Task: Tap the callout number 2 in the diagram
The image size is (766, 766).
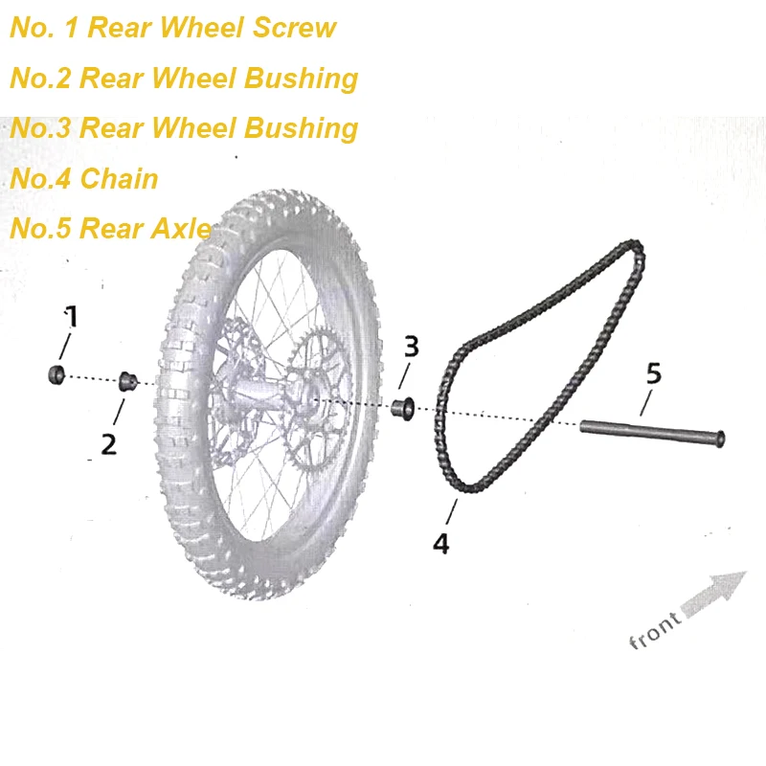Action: tap(108, 443)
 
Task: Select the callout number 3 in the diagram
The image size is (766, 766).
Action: tap(411, 347)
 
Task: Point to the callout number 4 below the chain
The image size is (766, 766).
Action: tap(440, 543)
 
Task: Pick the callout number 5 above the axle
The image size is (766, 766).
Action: tap(653, 372)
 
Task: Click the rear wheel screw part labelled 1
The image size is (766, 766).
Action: tap(56, 373)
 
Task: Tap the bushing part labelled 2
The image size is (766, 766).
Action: tap(126, 382)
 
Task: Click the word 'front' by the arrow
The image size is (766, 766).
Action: tap(656, 630)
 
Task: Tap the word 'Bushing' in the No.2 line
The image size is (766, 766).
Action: tap(302, 78)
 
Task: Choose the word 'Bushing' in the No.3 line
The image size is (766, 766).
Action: tap(302, 127)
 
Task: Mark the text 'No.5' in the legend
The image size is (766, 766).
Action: tap(40, 229)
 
